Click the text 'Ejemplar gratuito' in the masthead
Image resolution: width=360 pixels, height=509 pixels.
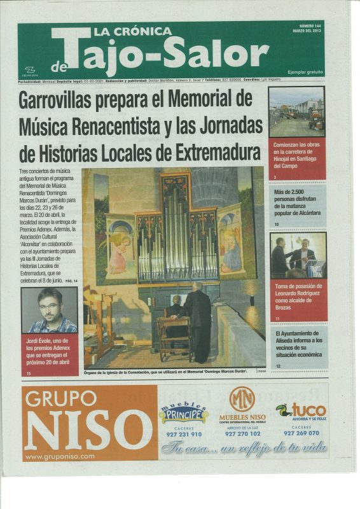tap(305, 72)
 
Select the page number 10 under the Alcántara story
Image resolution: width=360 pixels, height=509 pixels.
tap(277, 225)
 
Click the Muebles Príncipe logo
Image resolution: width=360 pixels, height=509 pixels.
tap(184, 414)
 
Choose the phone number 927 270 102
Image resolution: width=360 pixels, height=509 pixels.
tap(242, 433)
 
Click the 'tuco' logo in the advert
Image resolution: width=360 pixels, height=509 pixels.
tap(301, 410)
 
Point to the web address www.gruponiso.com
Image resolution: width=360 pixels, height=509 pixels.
tap(59, 456)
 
